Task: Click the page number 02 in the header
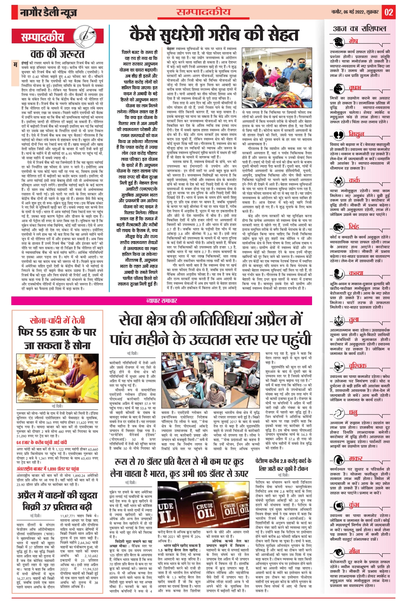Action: click(389, 12)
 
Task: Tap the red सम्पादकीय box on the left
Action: click(43, 37)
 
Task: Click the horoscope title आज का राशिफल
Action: click(360, 29)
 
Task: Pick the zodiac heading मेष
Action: click(353, 41)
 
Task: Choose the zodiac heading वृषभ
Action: click(355, 88)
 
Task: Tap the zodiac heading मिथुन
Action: click(356, 134)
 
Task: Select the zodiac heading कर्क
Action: click(354, 180)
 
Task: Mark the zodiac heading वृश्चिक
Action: click(357, 365)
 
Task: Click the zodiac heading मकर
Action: click(355, 458)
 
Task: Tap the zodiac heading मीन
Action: click(354, 551)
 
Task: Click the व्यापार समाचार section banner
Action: click(162, 301)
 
